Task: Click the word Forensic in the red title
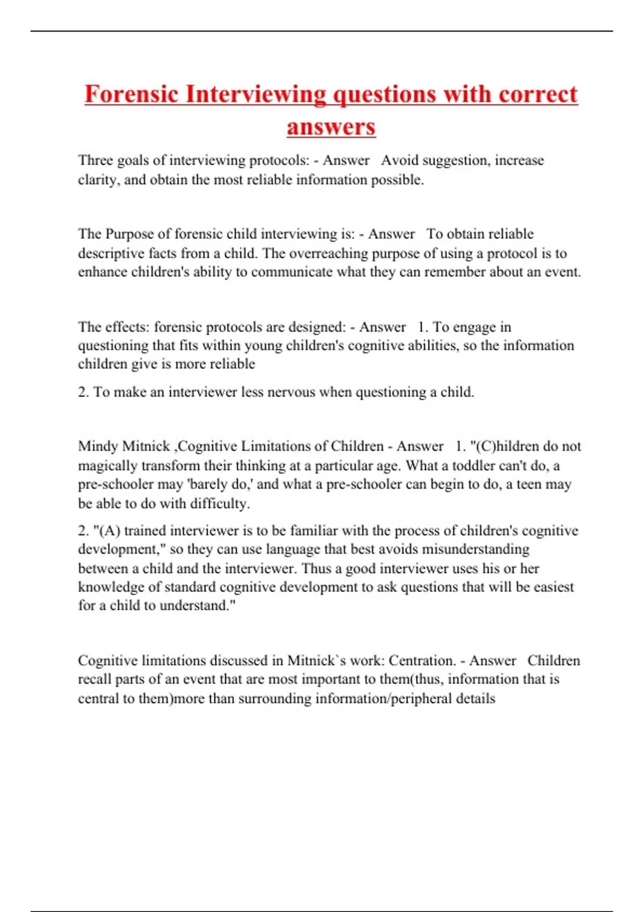131,94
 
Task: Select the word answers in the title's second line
331,127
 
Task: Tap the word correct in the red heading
538,94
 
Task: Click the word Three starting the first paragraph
95,160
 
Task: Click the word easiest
553,587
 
